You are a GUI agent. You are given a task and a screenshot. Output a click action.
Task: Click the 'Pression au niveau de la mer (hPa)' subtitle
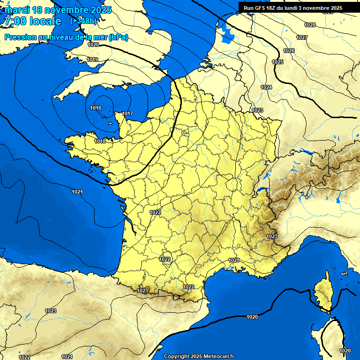pyautogui.click(x=66, y=37)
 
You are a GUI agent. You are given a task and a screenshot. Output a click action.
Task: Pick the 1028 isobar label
pyautogui.click(x=310, y=25)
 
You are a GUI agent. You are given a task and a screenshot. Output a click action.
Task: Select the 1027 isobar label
pyautogui.click(x=302, y=37)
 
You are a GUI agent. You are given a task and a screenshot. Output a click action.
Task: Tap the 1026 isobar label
pyautogui.click(x=289, y=51)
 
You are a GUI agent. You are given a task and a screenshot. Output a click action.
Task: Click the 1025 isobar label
pyautogui.click(x=277, y=62)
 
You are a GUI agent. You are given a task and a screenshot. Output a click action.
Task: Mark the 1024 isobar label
pyautogui.click(x=266, y=87)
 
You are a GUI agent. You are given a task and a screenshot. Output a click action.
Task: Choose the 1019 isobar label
pyautogui.click(x=92, y=60)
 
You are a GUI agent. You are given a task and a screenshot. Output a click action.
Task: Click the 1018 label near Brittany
pyautogui.click(x=100, y=141)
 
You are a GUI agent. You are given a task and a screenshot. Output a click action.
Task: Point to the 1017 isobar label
pyautogui.click(x=127, y=114)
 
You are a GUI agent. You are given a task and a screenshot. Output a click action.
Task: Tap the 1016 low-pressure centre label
pyautogui.click(x=96, y=108)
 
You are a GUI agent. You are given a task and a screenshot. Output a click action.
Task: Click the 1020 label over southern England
pyautogui.click(x=93, y=45)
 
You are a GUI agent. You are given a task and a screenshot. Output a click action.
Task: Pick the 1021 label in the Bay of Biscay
pyautogui.click(x=77, y=192)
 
